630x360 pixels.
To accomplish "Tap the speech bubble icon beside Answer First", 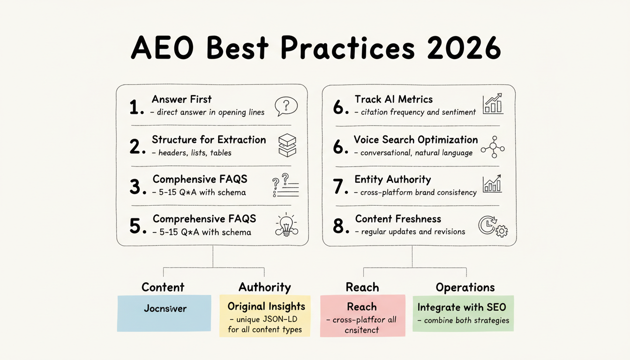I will point(286,106).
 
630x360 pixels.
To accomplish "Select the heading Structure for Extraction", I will point(209,140).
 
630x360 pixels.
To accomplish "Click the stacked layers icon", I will point(287,146).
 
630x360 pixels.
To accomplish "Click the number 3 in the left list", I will point(135,187).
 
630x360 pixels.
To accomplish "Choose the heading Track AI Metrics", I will point(393,99).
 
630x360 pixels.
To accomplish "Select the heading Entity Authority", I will point(392,180).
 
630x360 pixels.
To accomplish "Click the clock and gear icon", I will point(492,225).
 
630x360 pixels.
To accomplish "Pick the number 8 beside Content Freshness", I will point(341,226).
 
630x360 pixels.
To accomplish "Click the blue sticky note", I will point(164,313).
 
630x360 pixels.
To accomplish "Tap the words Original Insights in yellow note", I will point(266,307).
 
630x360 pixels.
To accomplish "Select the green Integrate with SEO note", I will point(462,313).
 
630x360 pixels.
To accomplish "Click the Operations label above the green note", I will point(465,287).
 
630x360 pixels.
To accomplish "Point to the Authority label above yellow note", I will point(264,287).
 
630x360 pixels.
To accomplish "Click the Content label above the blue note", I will point(163,287).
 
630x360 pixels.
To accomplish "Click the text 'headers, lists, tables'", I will point(195,153).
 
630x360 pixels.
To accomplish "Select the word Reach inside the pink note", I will point(361,307).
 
